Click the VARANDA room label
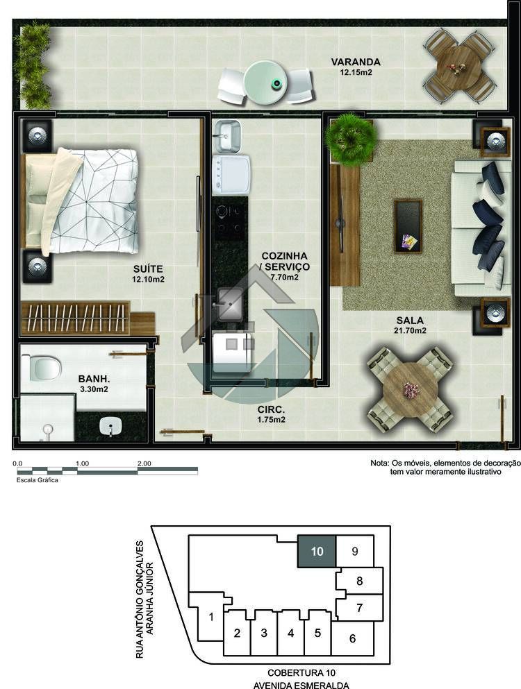356,62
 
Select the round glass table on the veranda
265,83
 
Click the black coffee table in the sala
408,226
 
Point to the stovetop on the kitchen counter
229,219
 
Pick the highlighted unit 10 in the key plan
317,551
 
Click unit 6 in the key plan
352,638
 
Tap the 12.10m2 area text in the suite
148,279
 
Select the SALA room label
410,321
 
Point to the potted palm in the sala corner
349,138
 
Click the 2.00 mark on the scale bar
144,463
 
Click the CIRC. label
271,409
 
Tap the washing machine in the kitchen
231,175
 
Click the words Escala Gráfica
38,480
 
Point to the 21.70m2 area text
410,330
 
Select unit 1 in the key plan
211,617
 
